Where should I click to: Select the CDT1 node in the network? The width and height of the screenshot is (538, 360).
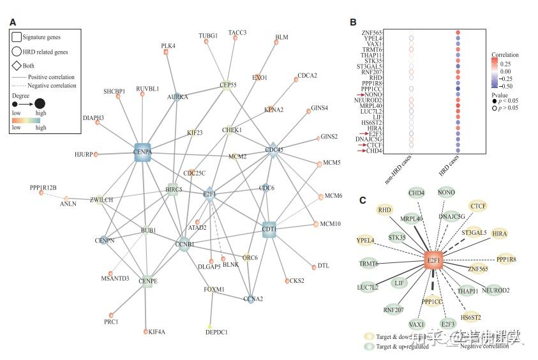[x=269, y=229]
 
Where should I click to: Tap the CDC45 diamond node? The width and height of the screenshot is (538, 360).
[x=273, y=151]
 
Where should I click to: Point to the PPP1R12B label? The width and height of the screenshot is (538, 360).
[x=43, y=188]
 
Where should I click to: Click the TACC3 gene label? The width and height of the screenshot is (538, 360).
[x=237, y=33]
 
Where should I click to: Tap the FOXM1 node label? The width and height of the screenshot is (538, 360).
[x=214, y=290]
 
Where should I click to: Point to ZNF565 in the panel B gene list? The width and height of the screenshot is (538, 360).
[x=372, y=32]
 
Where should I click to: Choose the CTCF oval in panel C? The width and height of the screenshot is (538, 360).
[x=477, y=206]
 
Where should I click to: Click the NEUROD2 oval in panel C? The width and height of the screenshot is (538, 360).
[x=495, y=290]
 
